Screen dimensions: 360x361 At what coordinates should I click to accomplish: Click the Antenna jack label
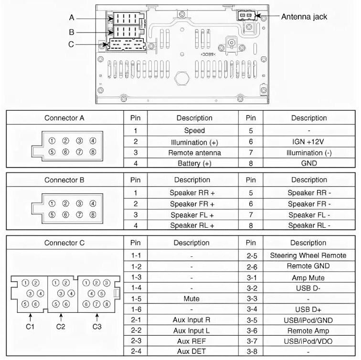(x=304, y=16)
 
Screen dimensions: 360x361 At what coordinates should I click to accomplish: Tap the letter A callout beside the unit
(x=72, y=18)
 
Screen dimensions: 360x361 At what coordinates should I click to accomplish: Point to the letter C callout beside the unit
(x=71, y=44)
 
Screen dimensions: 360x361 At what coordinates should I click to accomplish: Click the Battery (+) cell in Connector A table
(x=194, y=163)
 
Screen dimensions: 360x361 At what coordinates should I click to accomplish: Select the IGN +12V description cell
(x=309, y=141)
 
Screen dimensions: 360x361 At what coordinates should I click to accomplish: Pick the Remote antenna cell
(x=194, y=152)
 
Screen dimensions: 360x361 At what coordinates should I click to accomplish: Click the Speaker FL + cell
(x=194, y=215)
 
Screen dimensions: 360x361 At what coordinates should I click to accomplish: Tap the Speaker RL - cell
(x=309, y=226)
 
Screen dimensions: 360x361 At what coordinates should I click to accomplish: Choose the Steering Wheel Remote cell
(x=308, y=255)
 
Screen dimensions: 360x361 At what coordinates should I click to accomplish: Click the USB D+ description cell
(x=309, y=309)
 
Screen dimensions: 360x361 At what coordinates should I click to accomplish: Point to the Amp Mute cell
(x=309, y=277)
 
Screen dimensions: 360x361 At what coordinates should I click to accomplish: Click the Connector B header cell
(x=64, y=180)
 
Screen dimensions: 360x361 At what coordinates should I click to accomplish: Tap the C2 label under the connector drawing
(x=61, y=327)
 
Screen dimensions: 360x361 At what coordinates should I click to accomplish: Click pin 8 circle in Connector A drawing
(x=93, y=152)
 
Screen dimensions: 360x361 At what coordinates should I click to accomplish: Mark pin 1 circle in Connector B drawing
(x=52, y=203)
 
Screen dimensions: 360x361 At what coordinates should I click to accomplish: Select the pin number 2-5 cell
(x=252, y=255)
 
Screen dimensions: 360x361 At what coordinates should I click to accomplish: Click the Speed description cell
(x=194, y=130)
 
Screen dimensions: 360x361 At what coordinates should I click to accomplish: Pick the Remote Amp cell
(x=309, y=330)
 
